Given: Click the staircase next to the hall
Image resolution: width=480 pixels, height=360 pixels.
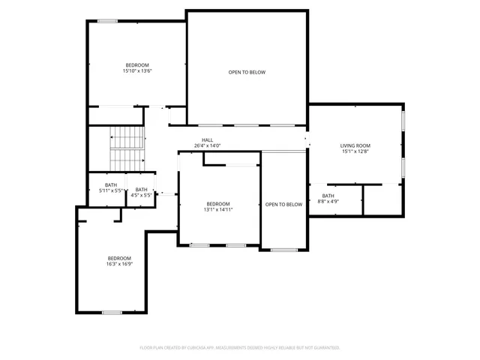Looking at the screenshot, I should pos(126,148).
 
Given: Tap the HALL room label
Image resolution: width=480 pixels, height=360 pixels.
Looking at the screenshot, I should pos(207,140).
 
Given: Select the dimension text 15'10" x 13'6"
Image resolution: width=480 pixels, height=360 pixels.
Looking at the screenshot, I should pos(137,71).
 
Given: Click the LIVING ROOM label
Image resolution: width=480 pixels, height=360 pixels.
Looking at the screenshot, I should pos(355,145).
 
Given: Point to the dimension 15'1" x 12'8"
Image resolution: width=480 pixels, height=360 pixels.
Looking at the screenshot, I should pos(355,151).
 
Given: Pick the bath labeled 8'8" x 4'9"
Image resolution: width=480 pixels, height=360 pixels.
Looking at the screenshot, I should pos(328,199).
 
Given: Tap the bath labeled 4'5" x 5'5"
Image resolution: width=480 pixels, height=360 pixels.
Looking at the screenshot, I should pos(141,192).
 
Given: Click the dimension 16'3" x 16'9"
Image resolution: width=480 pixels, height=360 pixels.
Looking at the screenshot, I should pos(118,264).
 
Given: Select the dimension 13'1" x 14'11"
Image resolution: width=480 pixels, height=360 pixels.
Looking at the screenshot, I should pos(218,210).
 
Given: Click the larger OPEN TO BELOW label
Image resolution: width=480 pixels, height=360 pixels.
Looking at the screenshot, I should pos(247,72).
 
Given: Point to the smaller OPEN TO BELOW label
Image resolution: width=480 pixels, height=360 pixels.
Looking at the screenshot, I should pos(283,205).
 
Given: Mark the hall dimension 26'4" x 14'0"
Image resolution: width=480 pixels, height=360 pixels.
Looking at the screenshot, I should pos(207,145).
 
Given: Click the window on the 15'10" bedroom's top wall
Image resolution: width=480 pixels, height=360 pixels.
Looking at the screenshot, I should pos(107,20).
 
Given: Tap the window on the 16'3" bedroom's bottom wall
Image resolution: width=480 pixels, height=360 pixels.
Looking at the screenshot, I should pos(112,312).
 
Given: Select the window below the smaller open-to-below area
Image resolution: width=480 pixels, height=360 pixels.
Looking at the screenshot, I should pos(283,250).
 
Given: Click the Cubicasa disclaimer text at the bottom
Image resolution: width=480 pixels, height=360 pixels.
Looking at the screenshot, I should pos(240,347).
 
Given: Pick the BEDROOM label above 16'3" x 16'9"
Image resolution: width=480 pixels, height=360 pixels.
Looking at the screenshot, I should pos(118,258).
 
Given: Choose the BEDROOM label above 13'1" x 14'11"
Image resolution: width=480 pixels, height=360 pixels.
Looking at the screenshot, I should pos(218,204).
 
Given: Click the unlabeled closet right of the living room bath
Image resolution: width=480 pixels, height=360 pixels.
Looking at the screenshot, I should pos(383,199).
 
